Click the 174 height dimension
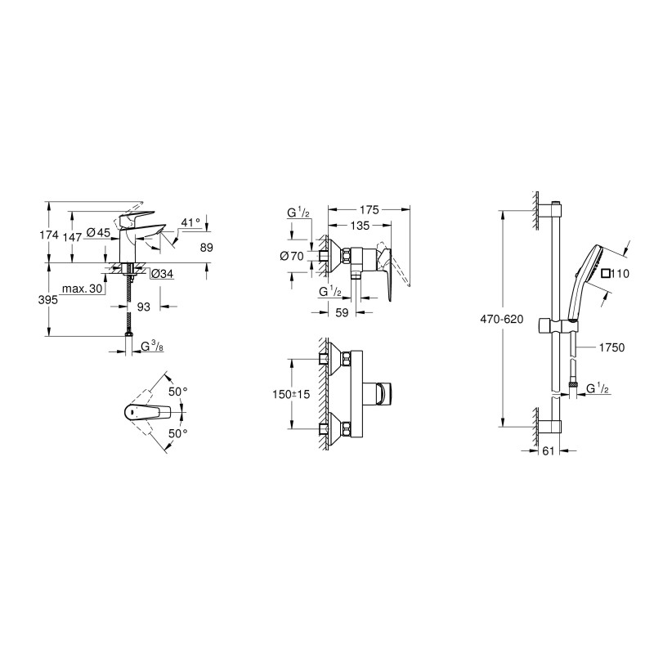point(49,235)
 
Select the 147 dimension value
point(72,237)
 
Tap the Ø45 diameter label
point(98,232)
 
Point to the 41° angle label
point(190,222)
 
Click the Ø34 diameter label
point(162,274)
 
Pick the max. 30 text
point(83,289)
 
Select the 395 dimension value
point(48,300)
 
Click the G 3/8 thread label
point(152,346)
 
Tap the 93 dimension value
point(144,307)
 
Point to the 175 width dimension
point(370,210)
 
